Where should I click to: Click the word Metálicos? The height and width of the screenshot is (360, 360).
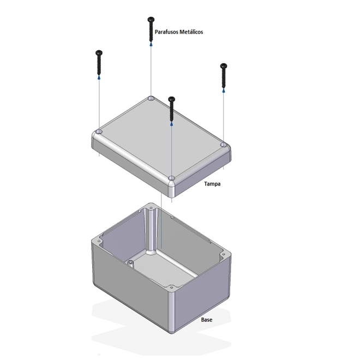[x=191, y=32]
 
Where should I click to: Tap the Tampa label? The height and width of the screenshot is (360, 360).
[x=212, y=184]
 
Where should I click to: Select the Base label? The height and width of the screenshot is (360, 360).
[x=207, y=320]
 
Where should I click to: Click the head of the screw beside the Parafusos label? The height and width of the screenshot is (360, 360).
[x=151, y=19]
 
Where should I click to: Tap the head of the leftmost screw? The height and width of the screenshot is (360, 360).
[x=99, y=52]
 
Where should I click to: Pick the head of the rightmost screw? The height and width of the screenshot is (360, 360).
[x=224, y=66]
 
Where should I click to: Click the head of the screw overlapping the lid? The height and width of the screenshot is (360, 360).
[x=171, y=99]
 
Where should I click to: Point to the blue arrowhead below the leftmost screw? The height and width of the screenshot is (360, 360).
[x=99, y=77]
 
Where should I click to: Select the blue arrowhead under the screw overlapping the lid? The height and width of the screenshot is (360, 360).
[x=171, y=124]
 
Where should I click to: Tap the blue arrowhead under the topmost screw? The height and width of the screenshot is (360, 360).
[x=151, y=44]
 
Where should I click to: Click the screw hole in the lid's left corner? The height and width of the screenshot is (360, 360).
[x=99, y=131]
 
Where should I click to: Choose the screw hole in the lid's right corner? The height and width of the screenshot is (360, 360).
[x=224, y=145]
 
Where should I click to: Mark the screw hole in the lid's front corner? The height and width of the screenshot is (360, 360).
[x=171, y=178]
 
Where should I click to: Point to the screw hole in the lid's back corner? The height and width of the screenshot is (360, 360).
[x=151, y=98]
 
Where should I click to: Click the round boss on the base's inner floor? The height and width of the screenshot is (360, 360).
[x=131, y=263]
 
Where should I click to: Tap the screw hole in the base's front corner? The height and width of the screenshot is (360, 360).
[x=171, y=287]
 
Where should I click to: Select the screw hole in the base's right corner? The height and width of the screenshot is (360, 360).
[x=224, y=254]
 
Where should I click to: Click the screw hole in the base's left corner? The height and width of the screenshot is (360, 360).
[x=99, y=241]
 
